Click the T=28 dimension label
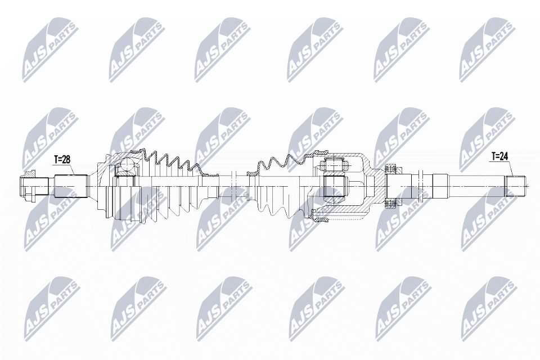pos(62,160)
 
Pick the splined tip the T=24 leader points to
pos(517,185)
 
